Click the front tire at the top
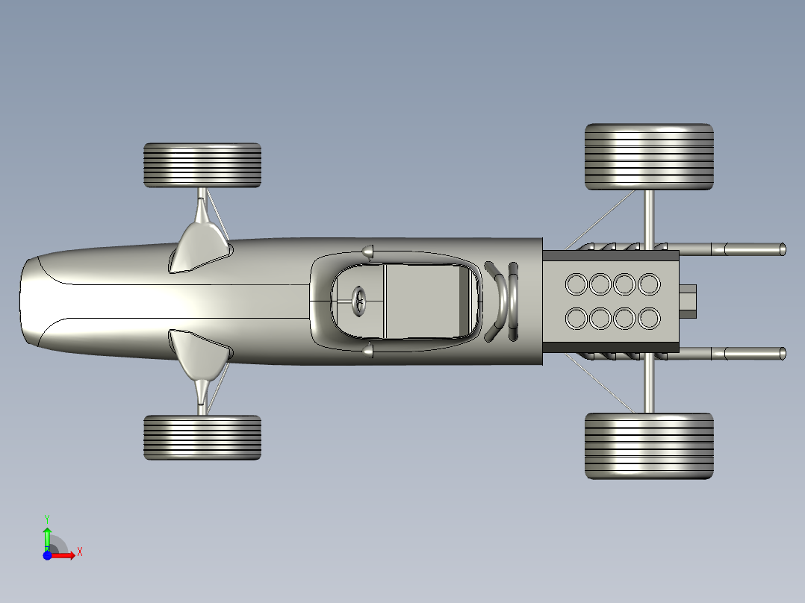[x=202, y=165]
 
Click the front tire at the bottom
[x=202, y=437]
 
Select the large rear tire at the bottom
[x=648, y=446]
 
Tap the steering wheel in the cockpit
[x=359, y=301]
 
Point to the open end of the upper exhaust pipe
[x=782, y=249]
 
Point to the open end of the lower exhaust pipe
[x=782, y=354]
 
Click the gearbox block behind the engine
[x=688, y=301]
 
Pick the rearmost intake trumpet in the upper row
[x=648, y=284]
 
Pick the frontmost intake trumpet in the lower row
[x=576, y=319]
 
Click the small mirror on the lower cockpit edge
[x=367, y=350]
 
